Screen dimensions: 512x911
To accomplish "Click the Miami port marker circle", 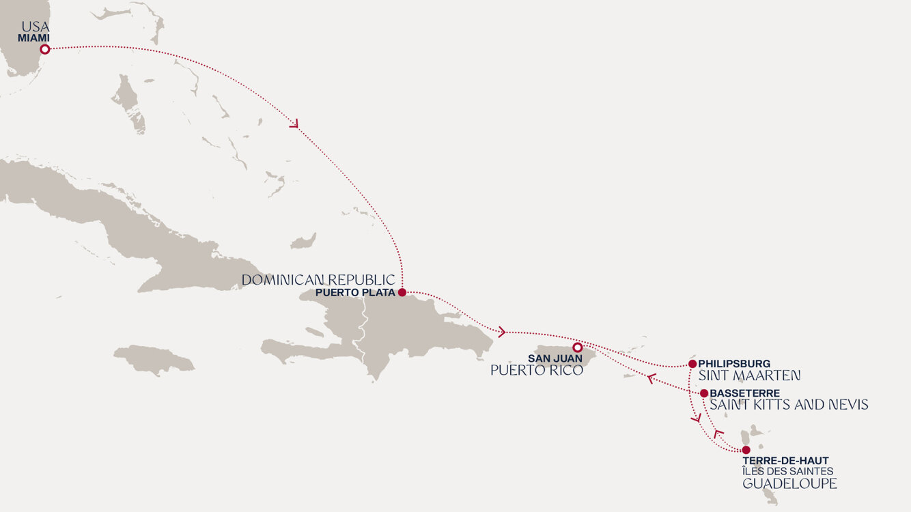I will coord(44,49).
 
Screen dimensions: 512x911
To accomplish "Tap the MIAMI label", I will coord(33,38).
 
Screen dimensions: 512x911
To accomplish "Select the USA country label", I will coord(36,27).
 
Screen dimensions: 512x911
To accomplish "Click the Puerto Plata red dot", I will coord(402,292).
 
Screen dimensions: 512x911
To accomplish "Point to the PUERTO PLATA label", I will coord(356,293).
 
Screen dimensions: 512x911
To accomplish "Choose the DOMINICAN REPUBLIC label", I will coord(318,280).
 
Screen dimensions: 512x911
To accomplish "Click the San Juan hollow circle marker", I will coord(577,347).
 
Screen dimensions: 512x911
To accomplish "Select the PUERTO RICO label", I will coord(537,371).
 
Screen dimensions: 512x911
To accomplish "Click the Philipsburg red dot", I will coord(692,364).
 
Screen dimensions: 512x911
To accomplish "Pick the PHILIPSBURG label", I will coord(734,364).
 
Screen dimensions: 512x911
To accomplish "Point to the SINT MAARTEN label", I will coord(749,375).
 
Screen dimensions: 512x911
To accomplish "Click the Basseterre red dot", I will coord(704,393).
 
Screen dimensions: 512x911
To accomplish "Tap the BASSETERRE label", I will coord(744,393).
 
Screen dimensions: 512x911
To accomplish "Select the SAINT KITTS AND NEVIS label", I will coord(789,405).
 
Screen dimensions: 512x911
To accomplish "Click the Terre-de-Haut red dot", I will coord(746,450).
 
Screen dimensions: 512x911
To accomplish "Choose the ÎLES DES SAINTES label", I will coord(787,472).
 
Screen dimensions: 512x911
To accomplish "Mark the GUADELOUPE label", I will coord(789,484).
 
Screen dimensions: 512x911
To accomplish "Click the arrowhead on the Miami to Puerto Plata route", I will coord(294,124).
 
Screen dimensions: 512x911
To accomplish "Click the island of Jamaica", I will coord(154,358).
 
